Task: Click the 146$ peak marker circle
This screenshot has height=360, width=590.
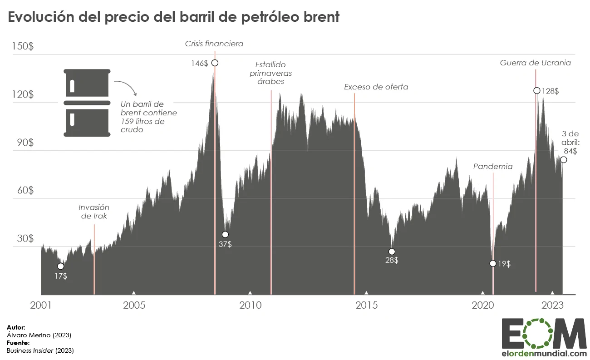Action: (215, 63)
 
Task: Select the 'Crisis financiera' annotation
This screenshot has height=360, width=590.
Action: (214, 44)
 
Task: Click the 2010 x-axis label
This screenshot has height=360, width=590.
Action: (251, 305)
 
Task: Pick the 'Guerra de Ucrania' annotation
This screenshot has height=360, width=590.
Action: (536, 63)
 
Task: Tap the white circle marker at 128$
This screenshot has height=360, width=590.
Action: (537, 90)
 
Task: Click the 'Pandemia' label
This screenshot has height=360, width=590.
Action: (493, 167)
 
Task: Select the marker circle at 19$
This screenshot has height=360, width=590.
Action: (493, 263)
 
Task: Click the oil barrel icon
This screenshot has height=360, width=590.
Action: (87, 103)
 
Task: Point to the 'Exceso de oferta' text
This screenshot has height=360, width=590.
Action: (376, 87)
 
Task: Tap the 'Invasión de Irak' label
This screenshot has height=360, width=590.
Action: (94, 212)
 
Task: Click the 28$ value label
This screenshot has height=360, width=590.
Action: (391, 261)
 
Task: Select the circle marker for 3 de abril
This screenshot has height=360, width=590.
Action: (564, 159)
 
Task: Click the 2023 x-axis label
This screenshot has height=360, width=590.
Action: (553, 305)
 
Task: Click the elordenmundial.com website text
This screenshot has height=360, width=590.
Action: (543, 353)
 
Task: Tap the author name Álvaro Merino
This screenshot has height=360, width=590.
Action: (39, 335)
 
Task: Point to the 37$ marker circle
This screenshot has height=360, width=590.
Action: (225, 234)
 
